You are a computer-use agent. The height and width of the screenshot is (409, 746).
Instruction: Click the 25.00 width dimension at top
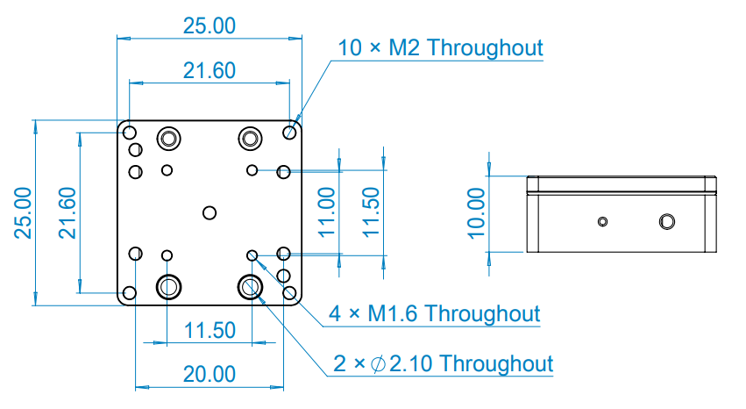point(210,25)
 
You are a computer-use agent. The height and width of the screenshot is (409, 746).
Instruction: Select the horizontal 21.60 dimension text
point(210,70)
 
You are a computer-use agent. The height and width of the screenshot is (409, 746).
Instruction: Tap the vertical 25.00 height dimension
point(23,212)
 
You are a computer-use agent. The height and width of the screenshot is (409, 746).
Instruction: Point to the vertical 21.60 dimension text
point(67,212)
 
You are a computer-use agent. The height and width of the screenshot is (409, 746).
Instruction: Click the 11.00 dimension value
point(326,212)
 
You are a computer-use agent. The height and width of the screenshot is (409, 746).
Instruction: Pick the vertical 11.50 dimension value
point(371,212)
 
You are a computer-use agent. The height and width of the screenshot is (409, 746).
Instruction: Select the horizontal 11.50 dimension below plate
point(210,330)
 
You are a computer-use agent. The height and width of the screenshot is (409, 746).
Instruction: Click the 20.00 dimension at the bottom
point(210,374)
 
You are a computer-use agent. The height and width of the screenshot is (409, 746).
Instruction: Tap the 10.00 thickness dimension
point(476,213)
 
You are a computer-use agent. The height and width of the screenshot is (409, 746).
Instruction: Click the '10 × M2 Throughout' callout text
point(440,47)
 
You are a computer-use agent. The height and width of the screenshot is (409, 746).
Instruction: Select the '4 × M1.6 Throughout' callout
point(435,314)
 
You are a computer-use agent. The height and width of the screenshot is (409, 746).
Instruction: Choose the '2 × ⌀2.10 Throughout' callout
point(443,363)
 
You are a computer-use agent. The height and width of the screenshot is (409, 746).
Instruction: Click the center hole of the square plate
point(210,212)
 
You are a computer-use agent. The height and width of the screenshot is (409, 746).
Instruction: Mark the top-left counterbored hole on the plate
point(168,139)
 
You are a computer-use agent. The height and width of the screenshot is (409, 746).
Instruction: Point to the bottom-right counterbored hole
point(250,287)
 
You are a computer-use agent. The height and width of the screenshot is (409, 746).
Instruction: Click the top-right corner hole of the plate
point(289,133)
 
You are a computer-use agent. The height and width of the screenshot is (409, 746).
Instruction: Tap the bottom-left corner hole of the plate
point(130,293)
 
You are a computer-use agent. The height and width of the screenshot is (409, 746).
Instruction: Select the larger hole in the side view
point(666,222)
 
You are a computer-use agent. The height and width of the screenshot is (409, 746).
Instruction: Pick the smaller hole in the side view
point(602,222)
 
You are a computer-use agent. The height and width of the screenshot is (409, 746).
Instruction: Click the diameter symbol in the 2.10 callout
point(378,364)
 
